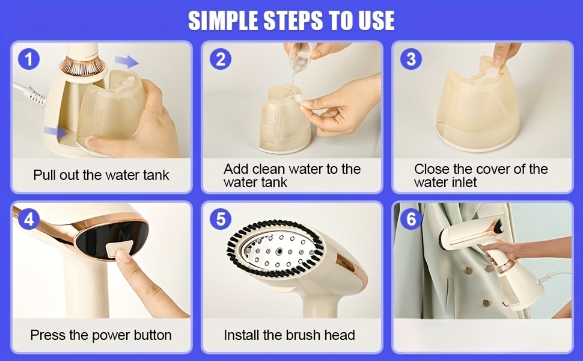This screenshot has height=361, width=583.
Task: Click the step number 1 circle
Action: click(29, 59)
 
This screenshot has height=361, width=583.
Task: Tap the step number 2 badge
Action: click(220, 59)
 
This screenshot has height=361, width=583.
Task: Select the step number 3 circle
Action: click(411, 59)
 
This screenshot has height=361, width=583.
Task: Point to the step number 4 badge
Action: click(29, 219)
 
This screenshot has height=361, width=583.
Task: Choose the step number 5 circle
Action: click(221, 219)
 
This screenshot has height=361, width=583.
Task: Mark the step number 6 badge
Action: click(411, 219)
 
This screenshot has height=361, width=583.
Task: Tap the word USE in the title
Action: click(376, 20)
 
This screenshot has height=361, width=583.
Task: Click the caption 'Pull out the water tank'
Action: click(101, 175)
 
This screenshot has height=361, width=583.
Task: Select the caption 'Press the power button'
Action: click(101, 335)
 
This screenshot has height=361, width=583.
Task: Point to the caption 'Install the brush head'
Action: click(289, 335)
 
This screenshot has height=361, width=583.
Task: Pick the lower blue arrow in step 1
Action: click(56, 131)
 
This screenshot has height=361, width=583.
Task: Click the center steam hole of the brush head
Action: click(278, 252)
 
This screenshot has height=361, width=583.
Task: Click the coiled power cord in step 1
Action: click(37, 99)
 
